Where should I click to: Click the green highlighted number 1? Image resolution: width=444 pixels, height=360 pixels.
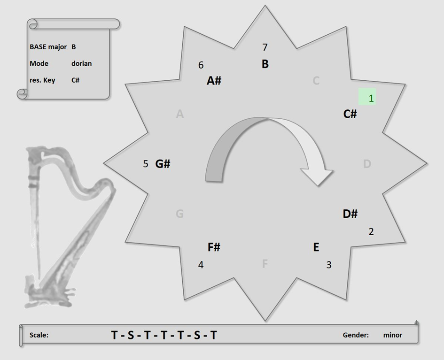[371, 98]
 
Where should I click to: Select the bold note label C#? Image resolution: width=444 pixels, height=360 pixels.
[350, 114]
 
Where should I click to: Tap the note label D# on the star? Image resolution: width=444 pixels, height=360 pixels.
[350, 214]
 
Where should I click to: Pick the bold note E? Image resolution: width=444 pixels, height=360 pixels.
[316, 247]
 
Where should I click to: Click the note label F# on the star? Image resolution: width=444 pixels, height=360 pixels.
[214, 247]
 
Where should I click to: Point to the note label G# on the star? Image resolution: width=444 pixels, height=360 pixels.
[163, 164]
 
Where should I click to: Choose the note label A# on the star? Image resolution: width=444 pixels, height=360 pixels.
[214, 81]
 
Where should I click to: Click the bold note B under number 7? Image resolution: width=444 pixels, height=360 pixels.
[265, 64]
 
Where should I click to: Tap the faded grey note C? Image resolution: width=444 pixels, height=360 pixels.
[316, 81]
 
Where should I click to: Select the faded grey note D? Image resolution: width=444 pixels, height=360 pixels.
[367, 164]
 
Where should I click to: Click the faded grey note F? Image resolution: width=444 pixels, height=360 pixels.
[265, 264]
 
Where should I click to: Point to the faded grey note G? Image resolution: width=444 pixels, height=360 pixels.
[180, 214]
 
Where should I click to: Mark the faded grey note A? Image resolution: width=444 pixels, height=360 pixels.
[180, 114]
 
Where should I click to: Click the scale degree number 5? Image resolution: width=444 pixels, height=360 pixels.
[146, 164]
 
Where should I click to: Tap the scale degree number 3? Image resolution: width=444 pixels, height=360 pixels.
[329, 265]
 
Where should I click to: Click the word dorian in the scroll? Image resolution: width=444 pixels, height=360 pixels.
[82, 63]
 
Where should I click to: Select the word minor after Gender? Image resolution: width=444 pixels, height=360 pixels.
[393, 335]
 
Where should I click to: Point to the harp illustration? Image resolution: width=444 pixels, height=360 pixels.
[68, 226]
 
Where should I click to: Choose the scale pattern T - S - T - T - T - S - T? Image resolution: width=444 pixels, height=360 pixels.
[164, 335]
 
